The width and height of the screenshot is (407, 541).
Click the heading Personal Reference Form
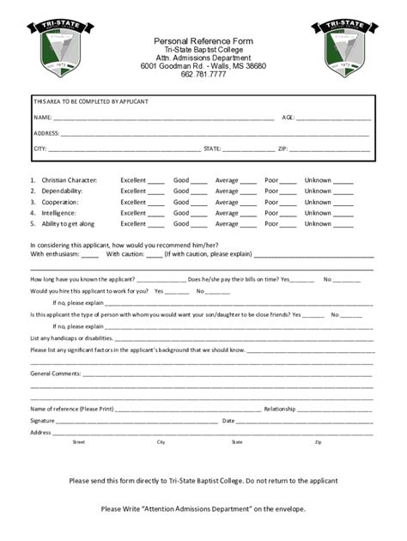203,41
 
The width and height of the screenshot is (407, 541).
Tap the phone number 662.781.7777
203,75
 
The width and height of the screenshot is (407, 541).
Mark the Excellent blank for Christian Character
155,182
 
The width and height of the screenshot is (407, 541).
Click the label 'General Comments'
56,374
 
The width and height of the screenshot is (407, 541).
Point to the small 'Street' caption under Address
79,442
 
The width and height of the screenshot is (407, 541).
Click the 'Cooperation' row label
59,202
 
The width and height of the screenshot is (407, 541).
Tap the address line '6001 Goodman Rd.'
203,66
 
